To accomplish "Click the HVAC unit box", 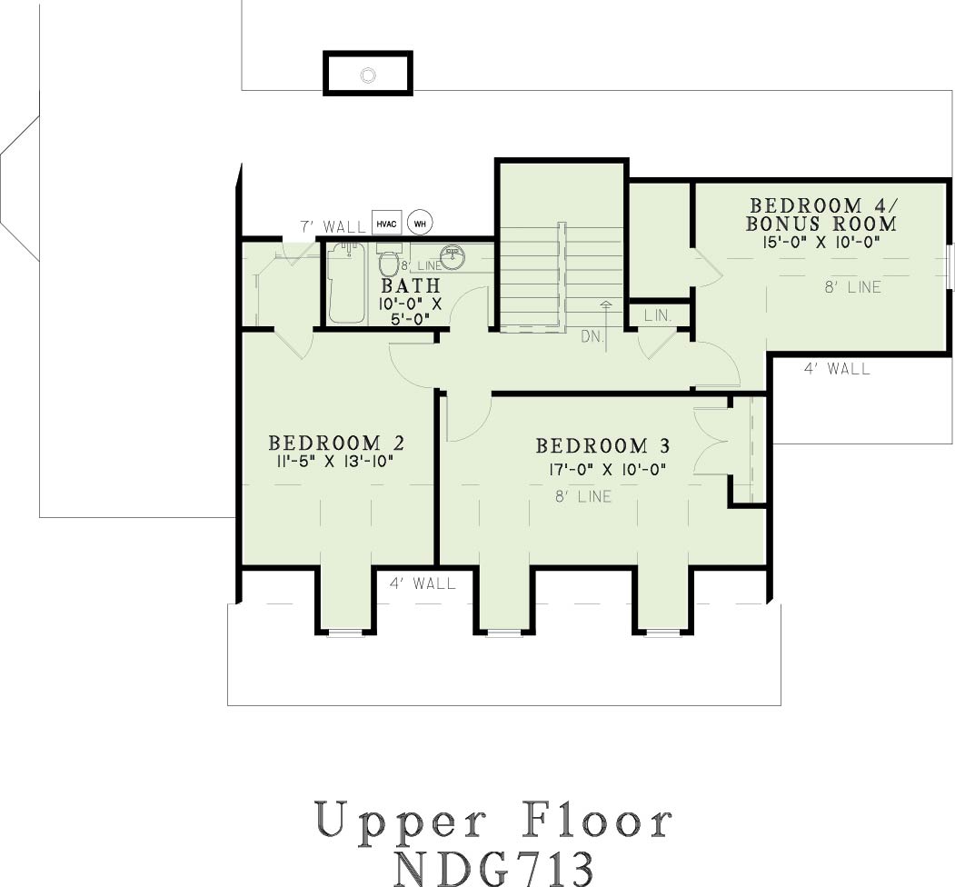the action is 386,224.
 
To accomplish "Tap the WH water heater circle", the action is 420,224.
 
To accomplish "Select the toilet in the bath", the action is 387,260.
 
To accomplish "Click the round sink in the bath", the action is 453,256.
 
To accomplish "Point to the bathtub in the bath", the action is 346,284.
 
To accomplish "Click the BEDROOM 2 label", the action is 336,443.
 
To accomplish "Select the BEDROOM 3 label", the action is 603,446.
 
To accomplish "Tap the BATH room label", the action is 411,285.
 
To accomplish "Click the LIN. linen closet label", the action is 658,315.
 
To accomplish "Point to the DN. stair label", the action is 592,335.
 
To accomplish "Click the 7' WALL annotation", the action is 333,226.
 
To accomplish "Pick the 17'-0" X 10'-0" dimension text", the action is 606,469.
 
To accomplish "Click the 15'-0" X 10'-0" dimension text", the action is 821,242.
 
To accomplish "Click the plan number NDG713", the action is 493,868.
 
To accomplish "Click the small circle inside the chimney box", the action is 368,75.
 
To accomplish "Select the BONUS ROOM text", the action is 821,224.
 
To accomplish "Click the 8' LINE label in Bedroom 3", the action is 582,496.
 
